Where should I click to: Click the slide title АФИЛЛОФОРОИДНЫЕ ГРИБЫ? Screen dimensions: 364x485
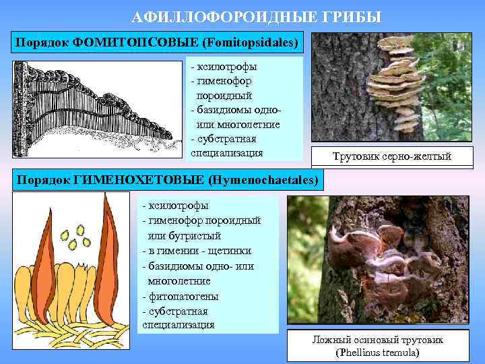click(256, 16)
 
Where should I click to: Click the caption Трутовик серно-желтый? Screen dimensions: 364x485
click(391, 158)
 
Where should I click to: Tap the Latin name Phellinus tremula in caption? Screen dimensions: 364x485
click(376, 353)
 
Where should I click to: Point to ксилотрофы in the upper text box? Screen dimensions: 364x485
click(226, 67)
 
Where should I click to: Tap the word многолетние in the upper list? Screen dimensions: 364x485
click(238, 125)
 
